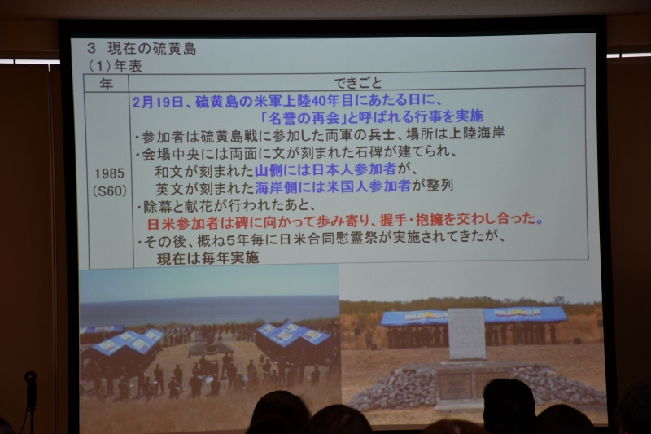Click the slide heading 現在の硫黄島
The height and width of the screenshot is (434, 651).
[x=151, y=49]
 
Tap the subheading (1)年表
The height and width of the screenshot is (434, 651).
[x=116, y=66]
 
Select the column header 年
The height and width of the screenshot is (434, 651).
[x=107, y=84]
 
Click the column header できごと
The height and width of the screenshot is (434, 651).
[x=357, y=82]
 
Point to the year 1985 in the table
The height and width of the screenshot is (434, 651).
[x=110, y=173]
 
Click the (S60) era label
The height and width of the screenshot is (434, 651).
[x=110, y=191]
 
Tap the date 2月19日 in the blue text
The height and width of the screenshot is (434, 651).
[x=158, y=102]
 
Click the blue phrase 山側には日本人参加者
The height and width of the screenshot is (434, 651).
[x=325, y=169]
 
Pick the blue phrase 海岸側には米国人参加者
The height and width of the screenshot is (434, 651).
[x=333, y=186]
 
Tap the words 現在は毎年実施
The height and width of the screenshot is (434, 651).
[x=208, y=258]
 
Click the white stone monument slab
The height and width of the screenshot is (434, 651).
[x=466, y=334]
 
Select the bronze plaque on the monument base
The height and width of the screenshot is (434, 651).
[x=455, y=385]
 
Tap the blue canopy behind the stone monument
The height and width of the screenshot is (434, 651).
[x=474, y=316]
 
